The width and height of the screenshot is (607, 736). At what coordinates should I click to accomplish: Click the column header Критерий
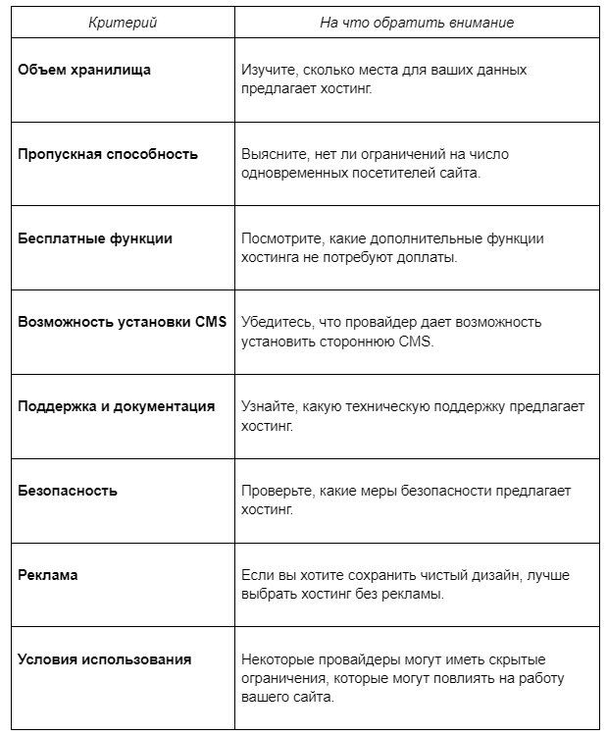pos(122,23)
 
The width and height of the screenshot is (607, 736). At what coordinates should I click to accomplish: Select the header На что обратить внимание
pos(416,23)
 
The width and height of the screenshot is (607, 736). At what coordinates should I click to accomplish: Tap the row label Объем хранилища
pos(84,70)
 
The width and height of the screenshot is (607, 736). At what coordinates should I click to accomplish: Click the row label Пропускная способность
pos(108,154)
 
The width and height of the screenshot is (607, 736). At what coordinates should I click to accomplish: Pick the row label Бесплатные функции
pos(95,238)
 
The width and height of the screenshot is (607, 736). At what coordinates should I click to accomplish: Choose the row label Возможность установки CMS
pos(122,322)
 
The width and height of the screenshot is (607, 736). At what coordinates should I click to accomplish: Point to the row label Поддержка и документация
pos(116,406)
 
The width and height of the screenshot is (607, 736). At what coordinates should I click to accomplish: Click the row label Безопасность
pos(68,491)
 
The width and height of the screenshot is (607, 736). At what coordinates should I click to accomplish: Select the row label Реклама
pos(48,575)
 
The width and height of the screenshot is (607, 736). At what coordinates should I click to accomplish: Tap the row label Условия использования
pos(104,659)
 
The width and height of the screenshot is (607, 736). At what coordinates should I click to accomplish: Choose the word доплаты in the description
pos(429,257)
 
